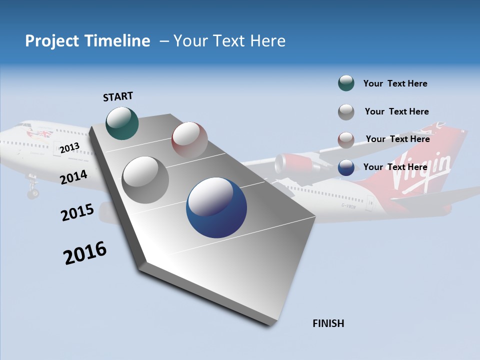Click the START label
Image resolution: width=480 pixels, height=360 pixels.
click(118, 96)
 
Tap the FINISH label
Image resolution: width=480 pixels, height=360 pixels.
click(328, 323)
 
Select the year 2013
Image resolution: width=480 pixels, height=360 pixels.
click(69, 147)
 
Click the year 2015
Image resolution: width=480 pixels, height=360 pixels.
click(77, 212)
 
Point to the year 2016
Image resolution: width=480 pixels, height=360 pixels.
click(85, 253)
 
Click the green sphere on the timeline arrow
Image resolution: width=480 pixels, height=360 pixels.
click(122, 123)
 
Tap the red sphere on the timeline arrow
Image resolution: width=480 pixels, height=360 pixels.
click(189, 139)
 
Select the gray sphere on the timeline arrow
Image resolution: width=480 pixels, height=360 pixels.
click(145, 180)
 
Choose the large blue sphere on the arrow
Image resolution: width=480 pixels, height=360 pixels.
click(216, 207)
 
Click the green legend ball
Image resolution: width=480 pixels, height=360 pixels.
click(346, 83)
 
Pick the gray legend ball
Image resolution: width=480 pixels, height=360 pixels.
click(346, 111)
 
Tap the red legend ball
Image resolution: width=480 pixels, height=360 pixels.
click(346, 139)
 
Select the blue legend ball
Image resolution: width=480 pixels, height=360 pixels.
click(346, 167)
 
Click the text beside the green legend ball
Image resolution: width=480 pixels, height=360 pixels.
click(395, 83)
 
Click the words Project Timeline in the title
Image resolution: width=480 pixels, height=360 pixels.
click(87, 41)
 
